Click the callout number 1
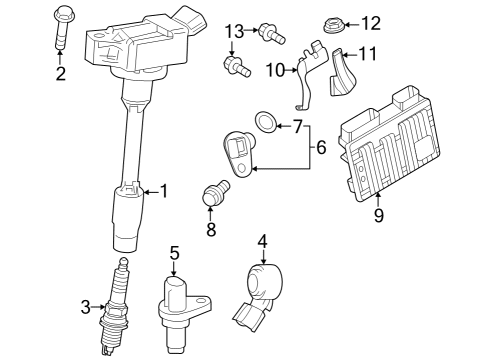coord(166,190)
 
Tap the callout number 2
coord(60,73)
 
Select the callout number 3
coord(86,306)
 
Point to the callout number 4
coord(263,240)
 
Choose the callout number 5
coord(173,253)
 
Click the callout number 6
coord(320,146)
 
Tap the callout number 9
coord(377,212)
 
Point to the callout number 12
coord(370,22)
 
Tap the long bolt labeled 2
coord(60,30)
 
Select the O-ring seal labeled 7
coord(265,122)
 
